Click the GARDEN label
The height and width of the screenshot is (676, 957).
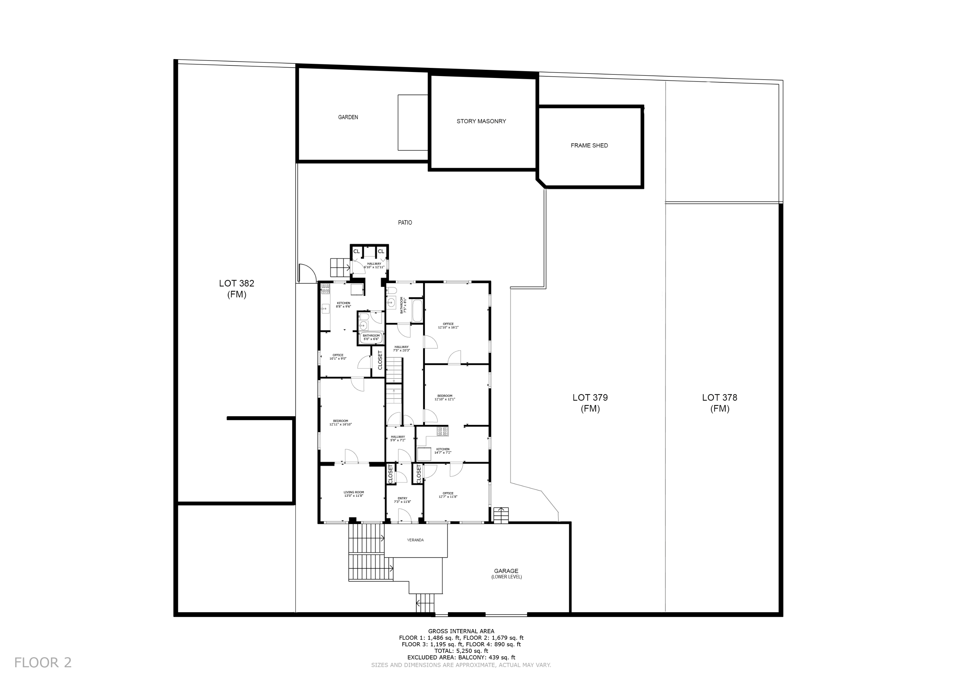(x=348, y=117)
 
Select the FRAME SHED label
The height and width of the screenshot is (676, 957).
(x=589, y=145)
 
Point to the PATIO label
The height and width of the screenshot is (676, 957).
(x=405, y=223)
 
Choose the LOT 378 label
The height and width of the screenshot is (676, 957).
(x=720, y=403)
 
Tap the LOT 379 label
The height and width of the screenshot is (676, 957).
(x=590, y=403)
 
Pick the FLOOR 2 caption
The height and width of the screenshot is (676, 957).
(x=43, y=662)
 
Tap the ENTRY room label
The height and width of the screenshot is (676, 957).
(x=402, y=500)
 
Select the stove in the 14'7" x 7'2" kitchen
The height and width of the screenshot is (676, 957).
(x=442, y=432)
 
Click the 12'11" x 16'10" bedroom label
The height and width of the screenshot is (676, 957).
(x=341, y=423)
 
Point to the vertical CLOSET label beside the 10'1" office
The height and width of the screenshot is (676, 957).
(x=380, y=360)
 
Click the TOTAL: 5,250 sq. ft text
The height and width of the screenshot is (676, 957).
(x=461, y=651)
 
